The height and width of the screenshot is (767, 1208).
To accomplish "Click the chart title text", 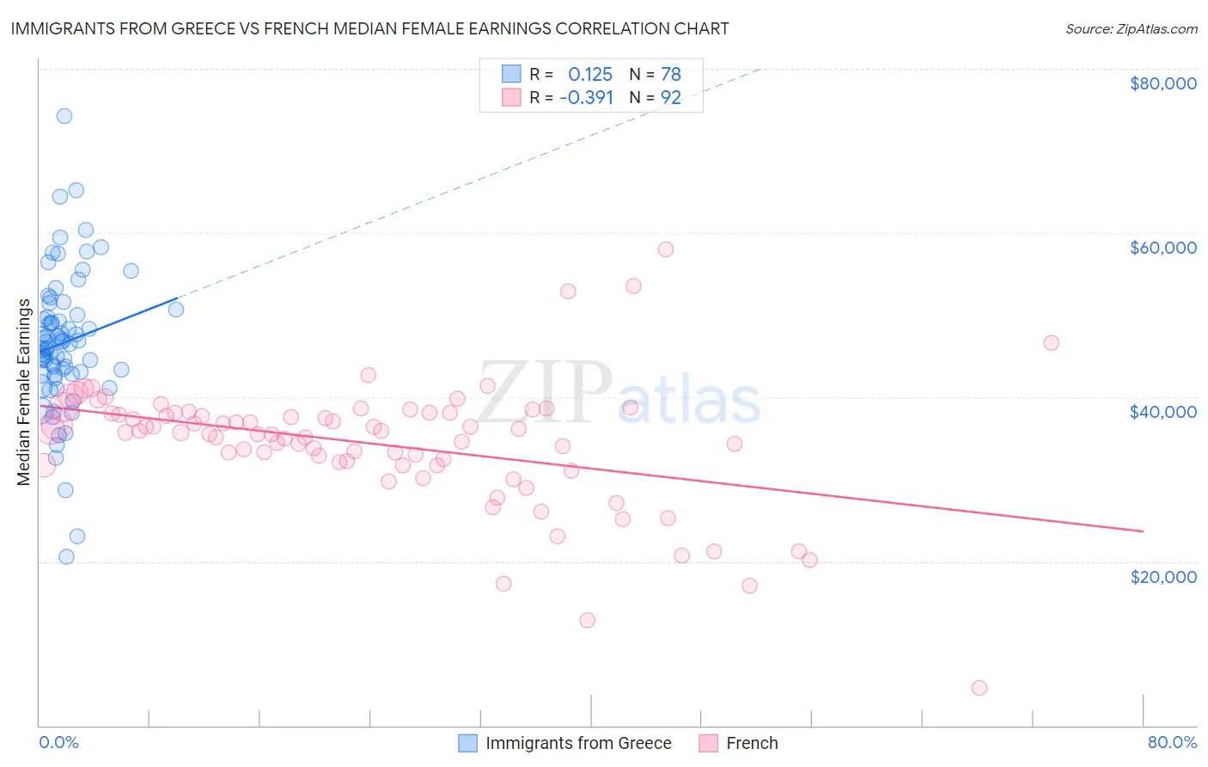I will [x=369, y=28].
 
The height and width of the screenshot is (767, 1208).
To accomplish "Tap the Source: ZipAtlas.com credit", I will [x=1131, y=28].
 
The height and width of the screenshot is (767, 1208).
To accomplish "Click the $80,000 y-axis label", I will [x=1162, y=83].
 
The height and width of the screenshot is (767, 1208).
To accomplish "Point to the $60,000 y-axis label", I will [x=1162, y=248].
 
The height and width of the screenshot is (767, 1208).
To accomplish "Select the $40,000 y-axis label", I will [x=1162, y=412].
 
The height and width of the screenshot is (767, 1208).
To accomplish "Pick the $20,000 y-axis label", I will [x=1162, y=576].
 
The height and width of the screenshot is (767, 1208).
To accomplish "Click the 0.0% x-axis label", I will [x=58, y=742].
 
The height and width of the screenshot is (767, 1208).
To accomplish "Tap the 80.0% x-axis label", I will [x=1172, y=742].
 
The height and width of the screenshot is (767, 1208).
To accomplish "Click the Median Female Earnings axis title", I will [x=24, y=392].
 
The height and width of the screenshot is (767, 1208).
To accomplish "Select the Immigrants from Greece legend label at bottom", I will [x=578, y=743].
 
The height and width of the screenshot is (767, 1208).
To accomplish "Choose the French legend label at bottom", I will [x=752, y=743].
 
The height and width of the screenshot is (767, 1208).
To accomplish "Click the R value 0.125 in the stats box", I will [x=590, y=75].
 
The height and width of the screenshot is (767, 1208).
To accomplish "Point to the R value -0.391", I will [x=586, y=98].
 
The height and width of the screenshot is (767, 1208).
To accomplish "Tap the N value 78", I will [x=671, y=75].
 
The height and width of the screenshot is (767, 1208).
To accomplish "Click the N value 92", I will [x=671, y=98].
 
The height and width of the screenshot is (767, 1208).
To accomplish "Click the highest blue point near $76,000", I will [x=64, y=116].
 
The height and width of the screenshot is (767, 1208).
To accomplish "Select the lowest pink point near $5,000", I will [x=979, y=688].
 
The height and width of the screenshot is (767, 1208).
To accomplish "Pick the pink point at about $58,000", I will [x=666, y=249].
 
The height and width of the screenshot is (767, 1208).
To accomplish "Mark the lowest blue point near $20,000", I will [x=66, y=556].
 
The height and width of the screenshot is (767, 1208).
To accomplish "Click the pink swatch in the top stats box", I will [x=511, y=97].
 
